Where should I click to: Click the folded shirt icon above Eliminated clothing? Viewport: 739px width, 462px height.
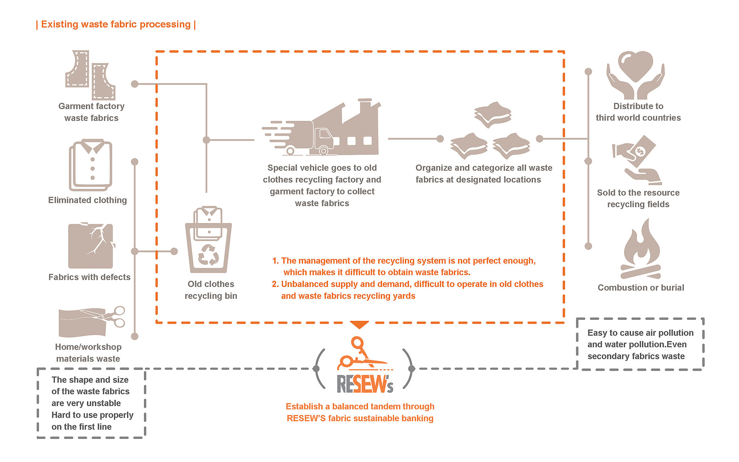[91, 165]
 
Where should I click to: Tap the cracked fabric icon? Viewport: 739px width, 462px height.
[91, 246]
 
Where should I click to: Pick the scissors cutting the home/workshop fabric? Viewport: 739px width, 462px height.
[114, 317]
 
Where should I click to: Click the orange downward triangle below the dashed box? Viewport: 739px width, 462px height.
[359, 324]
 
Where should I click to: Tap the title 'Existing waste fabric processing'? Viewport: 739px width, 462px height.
[116, 24]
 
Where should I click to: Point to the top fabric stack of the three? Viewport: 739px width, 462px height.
[493, 114]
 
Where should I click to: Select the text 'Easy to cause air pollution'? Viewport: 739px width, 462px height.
[640, 333]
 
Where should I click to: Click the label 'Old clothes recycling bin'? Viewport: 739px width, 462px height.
[211, 290]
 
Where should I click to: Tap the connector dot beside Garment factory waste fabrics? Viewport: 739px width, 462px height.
[135, 84]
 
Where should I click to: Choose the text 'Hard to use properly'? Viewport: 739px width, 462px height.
[92, 415]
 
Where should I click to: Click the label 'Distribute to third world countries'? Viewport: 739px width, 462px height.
[638, 112]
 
